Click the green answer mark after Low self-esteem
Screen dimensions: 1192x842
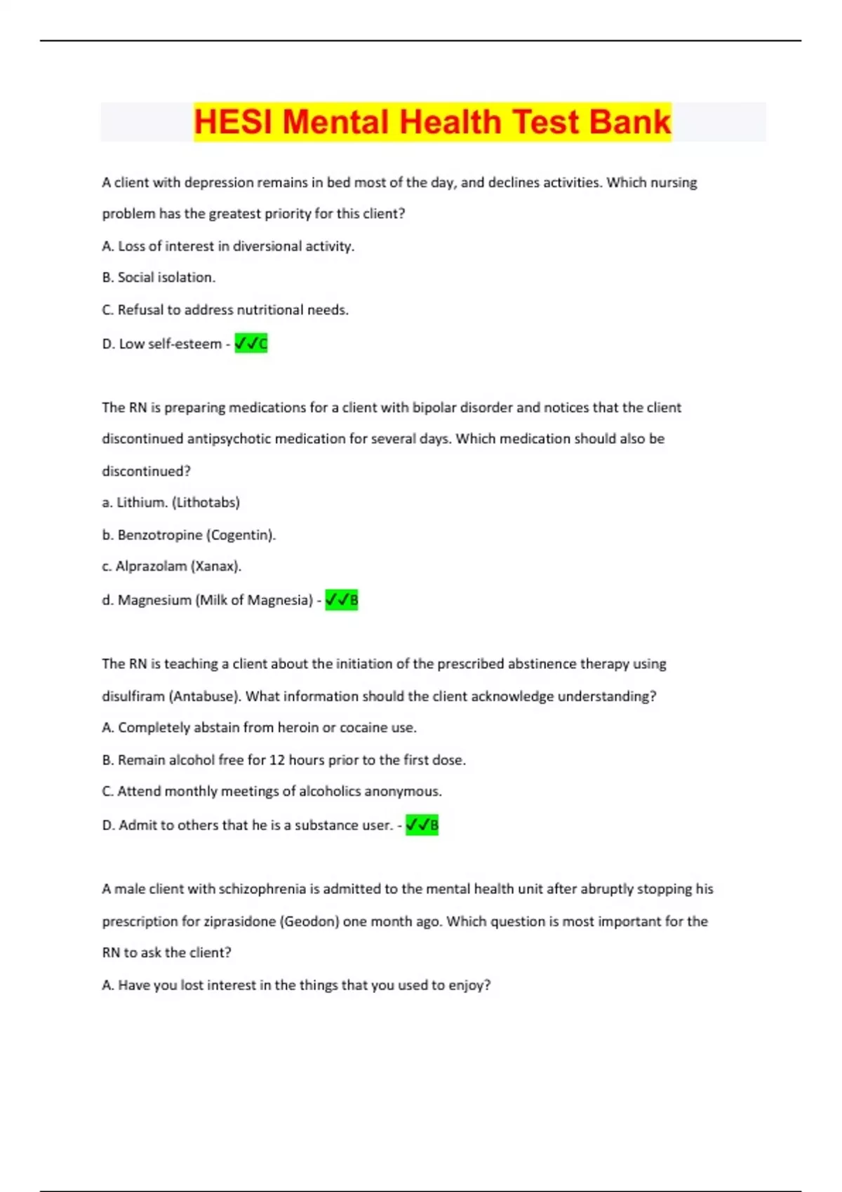click(251, 344)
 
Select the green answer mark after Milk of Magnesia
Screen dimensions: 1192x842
click(342, 600)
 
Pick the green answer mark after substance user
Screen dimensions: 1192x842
click(422, 825)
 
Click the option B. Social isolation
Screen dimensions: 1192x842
click(159, 278)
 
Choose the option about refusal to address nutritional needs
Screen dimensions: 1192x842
click(225, 310)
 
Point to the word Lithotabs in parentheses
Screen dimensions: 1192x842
click(206, 503)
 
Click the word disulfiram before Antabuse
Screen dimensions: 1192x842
click(133, 696)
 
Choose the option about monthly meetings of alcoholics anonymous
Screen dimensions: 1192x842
click(272, 792)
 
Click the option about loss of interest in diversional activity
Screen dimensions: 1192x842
click(228, 246)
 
